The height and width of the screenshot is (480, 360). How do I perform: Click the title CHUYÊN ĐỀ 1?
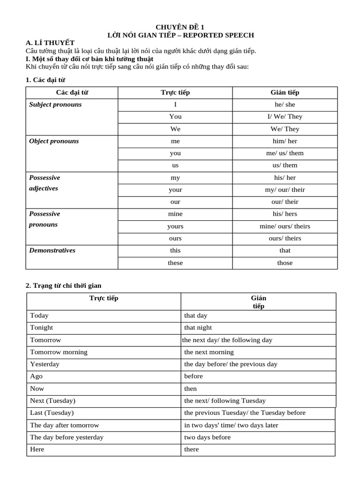[180, 27]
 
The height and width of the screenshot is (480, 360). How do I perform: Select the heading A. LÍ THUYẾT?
[51, 43]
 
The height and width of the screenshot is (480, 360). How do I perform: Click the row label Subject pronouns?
[55, 105]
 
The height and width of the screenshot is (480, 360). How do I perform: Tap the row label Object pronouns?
[54, 141]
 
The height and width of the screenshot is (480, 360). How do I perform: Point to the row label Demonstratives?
[52, 250]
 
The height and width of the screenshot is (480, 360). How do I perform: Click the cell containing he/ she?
[285, 105]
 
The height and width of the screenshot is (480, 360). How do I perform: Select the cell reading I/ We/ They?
[285, 117]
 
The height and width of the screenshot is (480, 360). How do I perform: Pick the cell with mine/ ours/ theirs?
[285, 226]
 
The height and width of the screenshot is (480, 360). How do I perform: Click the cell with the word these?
[175, 262]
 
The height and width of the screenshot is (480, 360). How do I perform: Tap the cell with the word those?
[285, 262]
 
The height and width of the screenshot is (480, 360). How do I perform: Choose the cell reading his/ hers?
[285, 214]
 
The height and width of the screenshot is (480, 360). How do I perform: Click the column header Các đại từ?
[72, 92]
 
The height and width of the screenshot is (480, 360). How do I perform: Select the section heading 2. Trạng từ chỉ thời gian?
[64, 285]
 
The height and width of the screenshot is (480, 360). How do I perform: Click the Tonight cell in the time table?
[42, 328]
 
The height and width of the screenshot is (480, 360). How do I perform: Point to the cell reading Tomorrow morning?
[59, 352]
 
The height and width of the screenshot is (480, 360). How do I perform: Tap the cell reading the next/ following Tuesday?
[225, 401]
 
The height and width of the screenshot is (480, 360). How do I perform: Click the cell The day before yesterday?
[67, 437]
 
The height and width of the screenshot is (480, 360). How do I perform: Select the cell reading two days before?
[207, 437]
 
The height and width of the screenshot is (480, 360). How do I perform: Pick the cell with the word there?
[191, 450]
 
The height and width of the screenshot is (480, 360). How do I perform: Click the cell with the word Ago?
[37, 376]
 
